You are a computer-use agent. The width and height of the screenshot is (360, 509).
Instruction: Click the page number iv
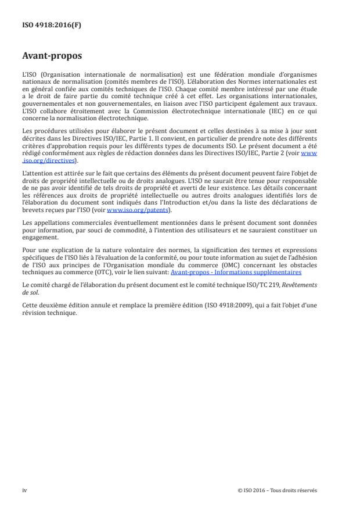[x=25, y=490]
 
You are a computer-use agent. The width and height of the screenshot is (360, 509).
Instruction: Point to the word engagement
[x=38, y=237]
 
